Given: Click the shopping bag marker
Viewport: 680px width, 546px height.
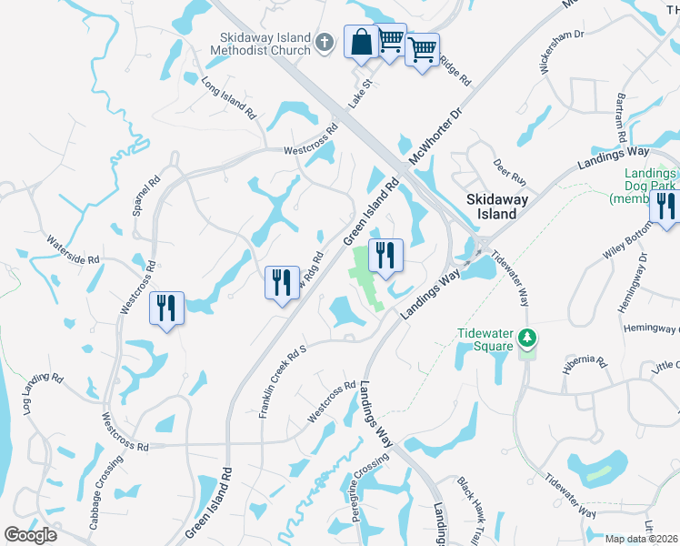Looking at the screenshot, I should point(361,42).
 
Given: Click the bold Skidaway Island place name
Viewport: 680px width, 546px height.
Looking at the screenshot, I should point(492,207).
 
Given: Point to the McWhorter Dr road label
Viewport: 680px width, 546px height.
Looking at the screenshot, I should point(435,137).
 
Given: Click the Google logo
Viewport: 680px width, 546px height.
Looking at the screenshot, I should point(30,535).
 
